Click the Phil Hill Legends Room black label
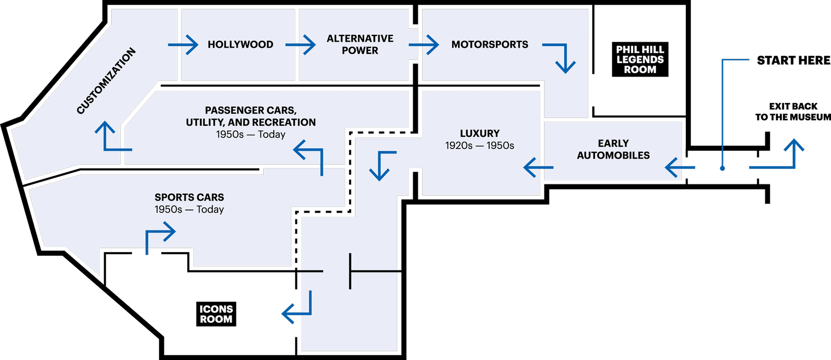coord(640,59)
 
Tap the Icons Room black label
coord(216,314)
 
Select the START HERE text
coord(793,60)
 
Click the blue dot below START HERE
coord(722,168)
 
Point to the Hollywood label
coord(240,44)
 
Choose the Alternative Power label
coord(360,44)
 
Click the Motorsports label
coord(490,44)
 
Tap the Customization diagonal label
coord(106,81)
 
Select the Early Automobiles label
coord(613,150)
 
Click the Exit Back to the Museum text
coord(793,111)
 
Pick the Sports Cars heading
coord(189,197)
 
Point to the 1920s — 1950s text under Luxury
coord(480,146)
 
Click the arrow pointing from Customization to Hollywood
coord(183,45)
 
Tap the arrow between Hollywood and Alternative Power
coord(300,45)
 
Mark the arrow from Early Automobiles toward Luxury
coord(538,168)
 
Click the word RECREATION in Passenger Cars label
coord(283,122)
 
